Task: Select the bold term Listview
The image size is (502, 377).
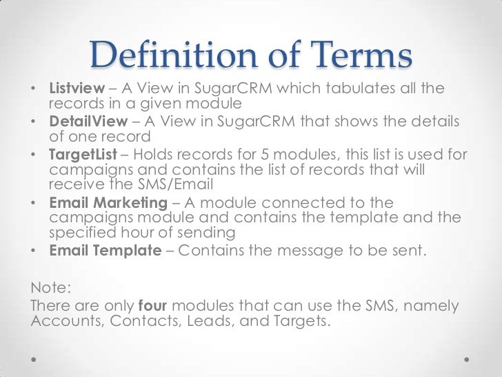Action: (x=73, y=90)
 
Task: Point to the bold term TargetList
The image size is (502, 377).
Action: (x=79, y=154)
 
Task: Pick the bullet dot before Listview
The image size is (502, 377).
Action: (x=34, y=91)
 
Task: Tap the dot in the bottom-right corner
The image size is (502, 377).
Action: (x=467, y=360)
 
